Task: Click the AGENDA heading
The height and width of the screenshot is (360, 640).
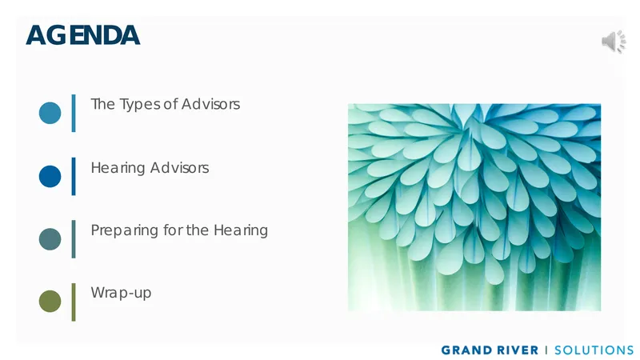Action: coord(83,35)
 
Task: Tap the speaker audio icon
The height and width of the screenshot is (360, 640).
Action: coord(614,42)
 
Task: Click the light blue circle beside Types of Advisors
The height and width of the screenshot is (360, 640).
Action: coord(50,113)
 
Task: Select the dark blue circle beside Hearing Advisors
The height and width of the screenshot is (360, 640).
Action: coord(50,176)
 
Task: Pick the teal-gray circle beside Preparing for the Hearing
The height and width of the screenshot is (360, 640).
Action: coord(50,239)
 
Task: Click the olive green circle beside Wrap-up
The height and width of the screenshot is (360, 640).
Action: coord(50,302)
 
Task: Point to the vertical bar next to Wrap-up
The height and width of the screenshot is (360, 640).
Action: coord(74,302)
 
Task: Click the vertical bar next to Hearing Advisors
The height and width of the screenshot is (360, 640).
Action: coord(74,176)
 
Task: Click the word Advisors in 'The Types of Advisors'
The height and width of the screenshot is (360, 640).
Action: coord(210,104)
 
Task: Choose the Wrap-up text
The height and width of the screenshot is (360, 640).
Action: coord(121,293)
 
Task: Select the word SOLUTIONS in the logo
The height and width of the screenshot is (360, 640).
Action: coord(594,350)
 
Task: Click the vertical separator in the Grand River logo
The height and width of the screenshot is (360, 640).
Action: coord(546,350)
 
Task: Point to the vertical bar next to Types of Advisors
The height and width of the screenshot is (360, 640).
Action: coord(74,113)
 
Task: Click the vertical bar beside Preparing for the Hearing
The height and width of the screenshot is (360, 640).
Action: coord(74,239)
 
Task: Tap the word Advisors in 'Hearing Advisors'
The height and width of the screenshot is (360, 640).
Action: coord(179,168)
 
